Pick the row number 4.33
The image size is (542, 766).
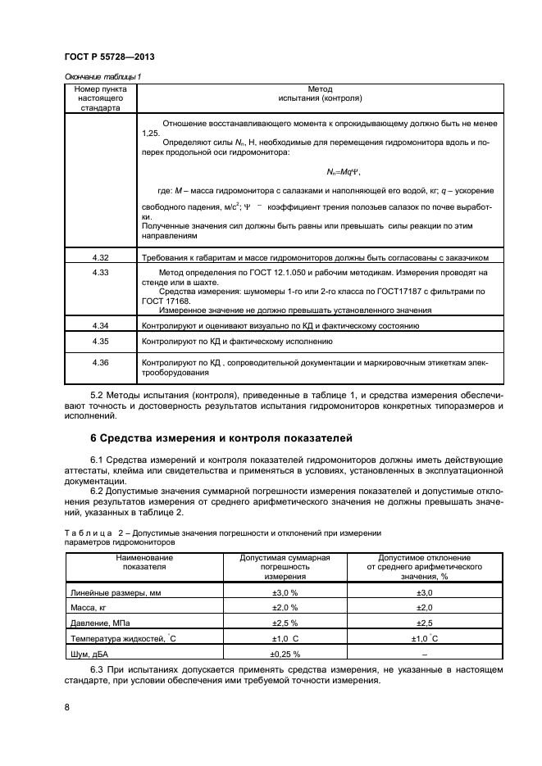click(x=101, y=271)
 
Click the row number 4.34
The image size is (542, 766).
click(x=101, y=325)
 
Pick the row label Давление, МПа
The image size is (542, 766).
click(x=101, y=623)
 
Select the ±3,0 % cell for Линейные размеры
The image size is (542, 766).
click(x=285, y=591)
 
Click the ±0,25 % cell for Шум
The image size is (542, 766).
click(x=285, y=654)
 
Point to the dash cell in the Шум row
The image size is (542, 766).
click(x=424, y=654)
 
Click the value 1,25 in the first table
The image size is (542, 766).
click(x=151, y=133)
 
